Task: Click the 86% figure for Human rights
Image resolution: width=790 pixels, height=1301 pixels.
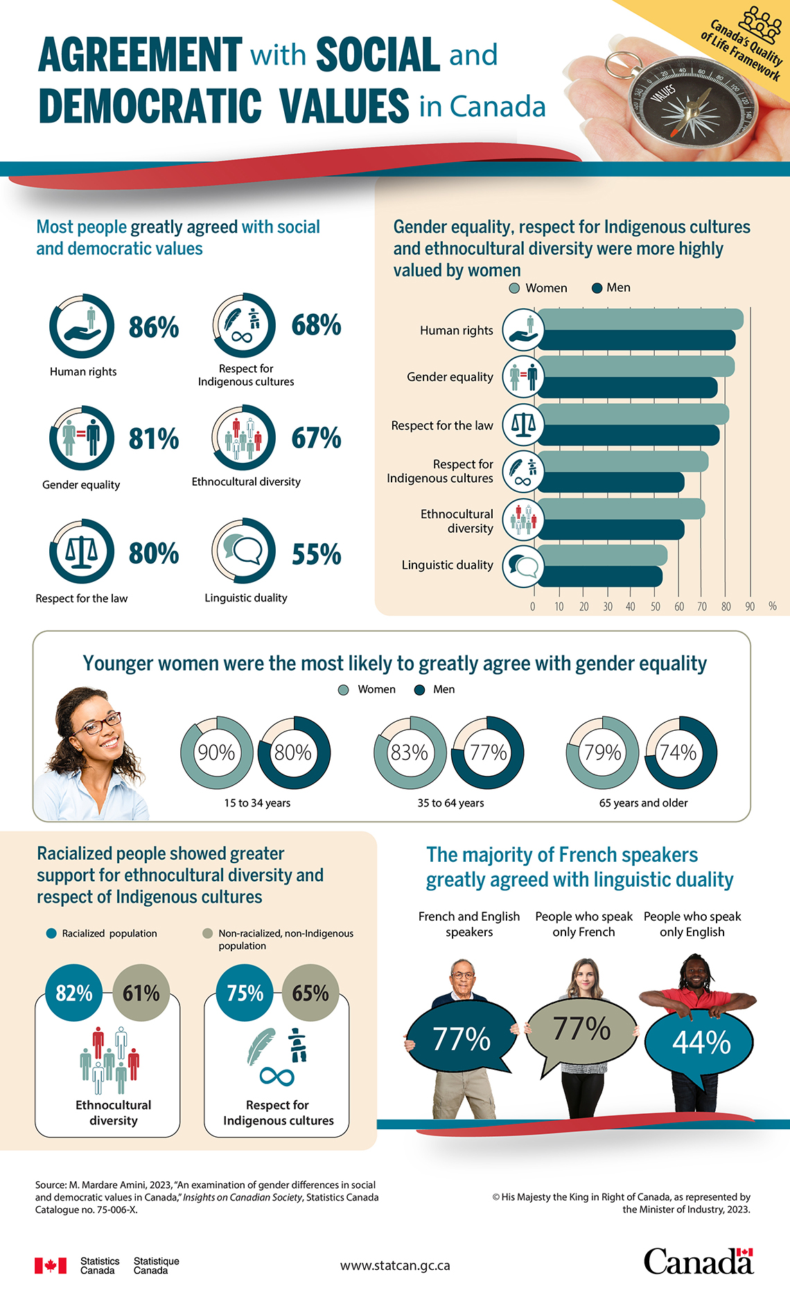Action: [154, 327]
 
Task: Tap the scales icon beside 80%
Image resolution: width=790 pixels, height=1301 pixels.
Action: [82, 551]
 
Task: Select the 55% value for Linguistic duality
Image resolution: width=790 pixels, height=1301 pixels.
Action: [316, 554]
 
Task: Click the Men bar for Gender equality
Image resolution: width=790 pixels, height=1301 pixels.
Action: [627, 388]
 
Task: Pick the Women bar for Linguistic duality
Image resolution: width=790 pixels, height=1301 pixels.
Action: [602, 555]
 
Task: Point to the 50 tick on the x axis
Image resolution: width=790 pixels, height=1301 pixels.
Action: [655, 606]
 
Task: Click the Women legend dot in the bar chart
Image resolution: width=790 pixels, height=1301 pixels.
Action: [514, 288]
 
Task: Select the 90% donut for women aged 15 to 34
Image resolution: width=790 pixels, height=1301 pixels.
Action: [217, 752]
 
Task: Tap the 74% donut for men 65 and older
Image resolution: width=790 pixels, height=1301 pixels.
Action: [681, 752]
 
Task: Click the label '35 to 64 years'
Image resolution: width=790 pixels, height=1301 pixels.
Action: [450, 803]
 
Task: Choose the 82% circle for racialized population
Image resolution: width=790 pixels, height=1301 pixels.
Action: [74, 993]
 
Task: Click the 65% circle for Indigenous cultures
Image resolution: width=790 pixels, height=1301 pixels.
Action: [310, 993]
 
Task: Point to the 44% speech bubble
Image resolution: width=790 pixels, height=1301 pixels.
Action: [701, 1041]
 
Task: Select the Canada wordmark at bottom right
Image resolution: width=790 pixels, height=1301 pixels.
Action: [697, 1261]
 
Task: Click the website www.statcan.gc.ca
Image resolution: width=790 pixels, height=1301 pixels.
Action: [395, 1265]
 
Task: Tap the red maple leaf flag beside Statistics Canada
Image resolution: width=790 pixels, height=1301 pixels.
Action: [51, 1266]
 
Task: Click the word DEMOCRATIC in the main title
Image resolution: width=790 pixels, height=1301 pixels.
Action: [150, 106]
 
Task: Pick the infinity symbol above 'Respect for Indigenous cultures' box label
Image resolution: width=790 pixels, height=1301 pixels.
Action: [276, 1076]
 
